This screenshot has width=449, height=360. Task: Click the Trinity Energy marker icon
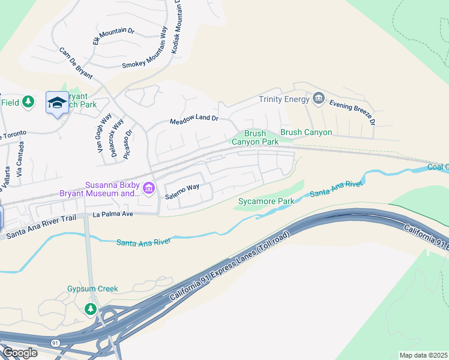pyautogui.click(x=319, y=98)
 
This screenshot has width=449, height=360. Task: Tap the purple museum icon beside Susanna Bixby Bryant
pyautogui.click(x=148, y=189)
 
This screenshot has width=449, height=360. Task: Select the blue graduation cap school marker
pyautogui.click(x=57, y=103)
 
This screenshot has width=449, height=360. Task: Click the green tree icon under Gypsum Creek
pyautogui.click(x=90, y=309)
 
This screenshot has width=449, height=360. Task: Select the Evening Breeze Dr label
pyautogui.click(x=352, y=111)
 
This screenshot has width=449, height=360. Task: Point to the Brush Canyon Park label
pyautogui.click(x=255, y=137)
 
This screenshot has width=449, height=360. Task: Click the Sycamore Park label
pyautogui.click(x=261, y=201)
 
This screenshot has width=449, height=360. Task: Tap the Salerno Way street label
pyautogui.click(x=182, y=187)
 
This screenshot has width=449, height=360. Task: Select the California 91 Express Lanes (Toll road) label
pyautogui.click(x=231, y=265)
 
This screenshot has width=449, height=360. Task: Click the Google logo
pyautogui.click(x=20, y=353)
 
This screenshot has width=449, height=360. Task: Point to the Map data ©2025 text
pyautogui.click(x=423, y=355)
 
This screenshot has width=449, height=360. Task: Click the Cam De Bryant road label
pyautogui.click(x=76, y=64)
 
